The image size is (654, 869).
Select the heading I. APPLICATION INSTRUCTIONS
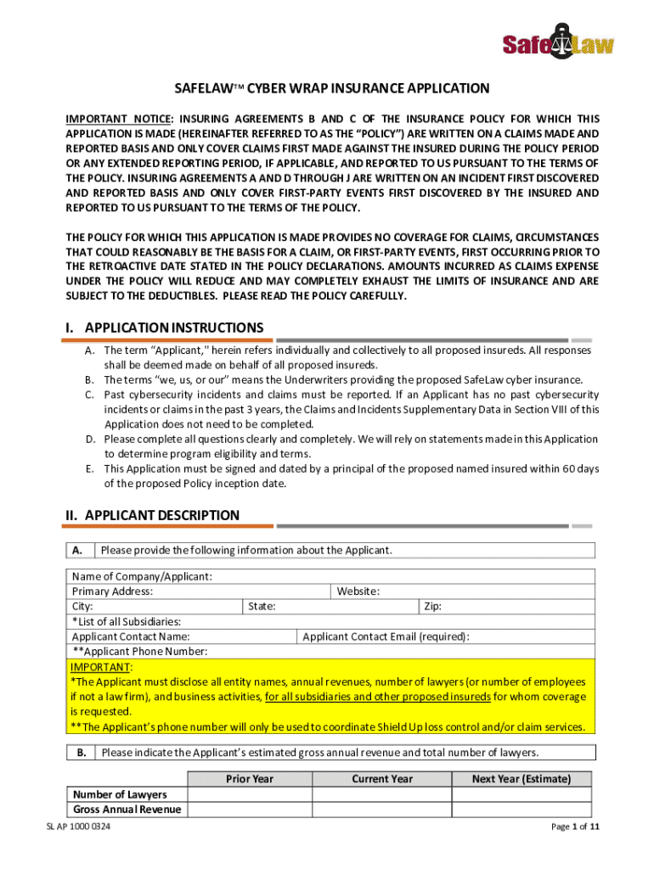point(165,328)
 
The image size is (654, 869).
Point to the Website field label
point(358,591)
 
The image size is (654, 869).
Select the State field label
point(262,607)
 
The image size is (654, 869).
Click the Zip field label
point(432,607)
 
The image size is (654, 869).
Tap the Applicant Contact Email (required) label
point(386,636)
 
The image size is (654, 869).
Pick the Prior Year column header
point(250,779)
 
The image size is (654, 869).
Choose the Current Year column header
point(382,779)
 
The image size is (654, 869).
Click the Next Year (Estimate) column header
point(522,779)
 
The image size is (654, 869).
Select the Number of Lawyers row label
point(120,794)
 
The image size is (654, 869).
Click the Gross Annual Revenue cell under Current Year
point(382,810)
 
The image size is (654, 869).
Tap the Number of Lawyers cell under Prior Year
point(250,794)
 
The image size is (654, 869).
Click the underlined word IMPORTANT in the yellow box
point(100,667)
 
